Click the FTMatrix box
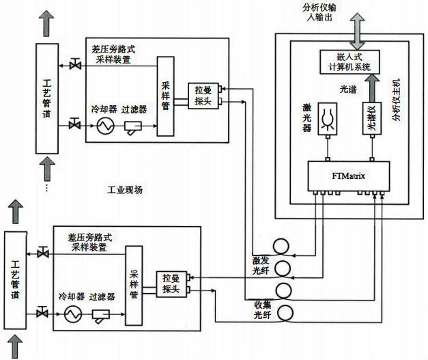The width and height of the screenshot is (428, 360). click(x=348, y=177)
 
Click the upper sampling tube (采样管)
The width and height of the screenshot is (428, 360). click(x=165, y=96)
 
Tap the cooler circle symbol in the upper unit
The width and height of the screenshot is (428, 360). click(x=105, y=126)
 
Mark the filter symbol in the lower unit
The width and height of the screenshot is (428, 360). click(x=102, y=314)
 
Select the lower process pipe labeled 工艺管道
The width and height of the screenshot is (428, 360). click(x=14, y=281)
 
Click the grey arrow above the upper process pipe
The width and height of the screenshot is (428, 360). click(x=47, y=23)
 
